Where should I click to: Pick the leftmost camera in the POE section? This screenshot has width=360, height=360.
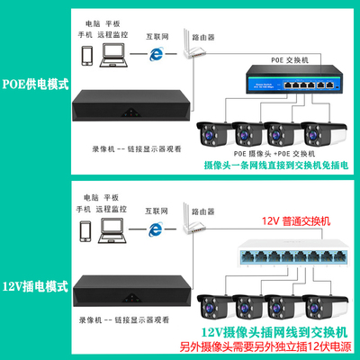tap(214, 132)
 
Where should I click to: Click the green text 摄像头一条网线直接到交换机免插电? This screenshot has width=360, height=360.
tap(267, 167)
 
